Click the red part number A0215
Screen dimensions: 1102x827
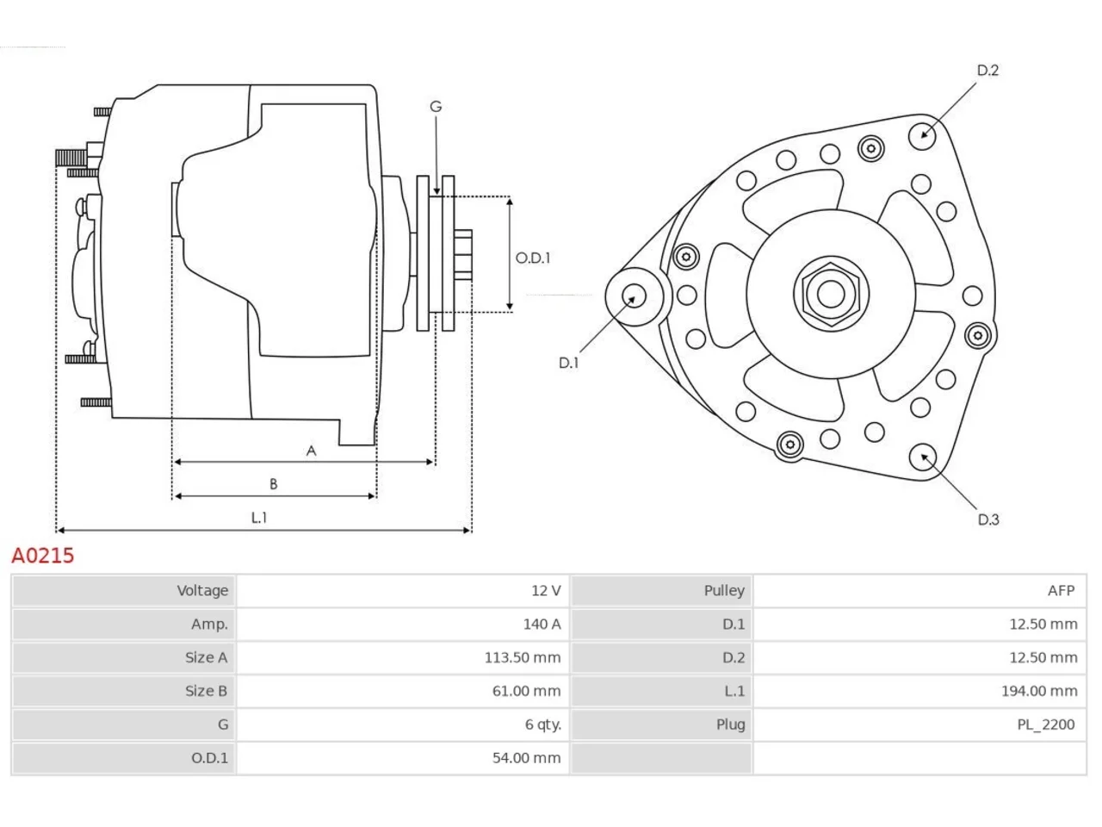tap(43, 556)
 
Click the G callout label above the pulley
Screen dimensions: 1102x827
tap(436, 107)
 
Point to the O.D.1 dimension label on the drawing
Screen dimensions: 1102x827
tap(533, 258)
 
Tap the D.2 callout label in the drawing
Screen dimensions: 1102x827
tap(987, 71)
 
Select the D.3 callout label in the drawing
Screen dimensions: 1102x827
tap(988, 519)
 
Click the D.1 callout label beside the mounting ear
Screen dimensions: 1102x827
tap(568, 363)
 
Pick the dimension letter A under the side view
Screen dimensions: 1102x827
tap(312, 451)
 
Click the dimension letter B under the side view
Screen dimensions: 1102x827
tap(273, 484)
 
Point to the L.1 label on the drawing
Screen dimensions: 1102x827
tap(259, 517)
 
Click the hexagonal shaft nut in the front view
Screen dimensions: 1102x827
tap(831, 295)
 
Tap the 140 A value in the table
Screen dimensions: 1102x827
tap(542, 625)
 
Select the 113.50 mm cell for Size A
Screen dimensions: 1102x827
tap(522, 658)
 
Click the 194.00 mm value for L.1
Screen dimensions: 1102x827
tap(1039, 692)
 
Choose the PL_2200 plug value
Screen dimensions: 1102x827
tap(1046, 724)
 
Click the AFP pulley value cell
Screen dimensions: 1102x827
tap(1061, 590)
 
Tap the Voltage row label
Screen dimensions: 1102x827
tap(202, 590)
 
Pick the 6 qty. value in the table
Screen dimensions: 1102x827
tap(542, 724)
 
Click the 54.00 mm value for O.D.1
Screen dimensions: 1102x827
tap(526, 758)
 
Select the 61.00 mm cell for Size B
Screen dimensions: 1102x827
tap(526, 692)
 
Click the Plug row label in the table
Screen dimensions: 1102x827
tap(730, 724)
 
